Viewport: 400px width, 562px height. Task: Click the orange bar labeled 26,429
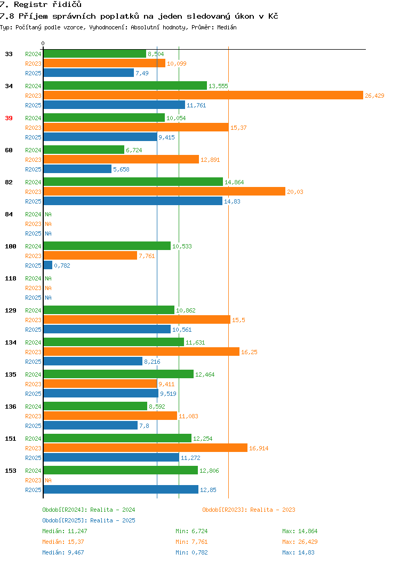[203, 95]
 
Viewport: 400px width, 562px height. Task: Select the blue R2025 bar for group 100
[48, 265]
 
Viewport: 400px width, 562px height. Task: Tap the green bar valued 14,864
[133, 182]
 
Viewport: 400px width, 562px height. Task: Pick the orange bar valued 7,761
[90, 255]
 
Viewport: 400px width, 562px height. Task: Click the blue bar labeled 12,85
[121, 489]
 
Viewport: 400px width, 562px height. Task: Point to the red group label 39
[9, 118]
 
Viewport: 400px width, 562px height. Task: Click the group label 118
[10, 278]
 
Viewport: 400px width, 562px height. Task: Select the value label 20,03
[295, 192]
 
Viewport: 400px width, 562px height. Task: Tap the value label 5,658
[121, 169]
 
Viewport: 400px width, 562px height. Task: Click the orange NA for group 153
[49, 480]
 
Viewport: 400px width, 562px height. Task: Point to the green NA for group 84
[49, 214]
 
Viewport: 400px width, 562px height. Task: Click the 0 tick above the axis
[43, 43]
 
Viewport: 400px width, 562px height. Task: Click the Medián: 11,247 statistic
[65, 531]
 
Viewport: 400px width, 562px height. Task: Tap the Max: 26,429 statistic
[300, 542]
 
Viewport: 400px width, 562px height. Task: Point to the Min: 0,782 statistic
[191, 553]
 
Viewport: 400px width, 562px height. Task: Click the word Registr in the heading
[30, 5]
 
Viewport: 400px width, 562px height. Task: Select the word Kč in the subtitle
[273, 16]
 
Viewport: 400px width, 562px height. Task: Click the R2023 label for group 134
[33, 352]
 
